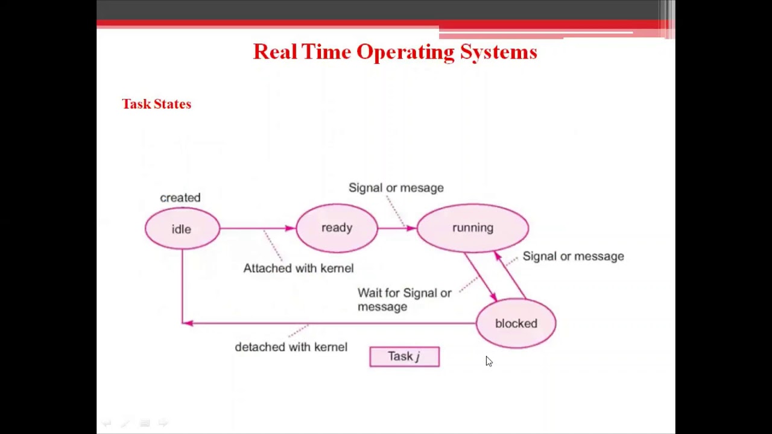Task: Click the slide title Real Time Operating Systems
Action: (394, 52)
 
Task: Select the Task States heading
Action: (156, 104)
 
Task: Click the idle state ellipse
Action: (182, 228)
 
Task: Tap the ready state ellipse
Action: (337, 228)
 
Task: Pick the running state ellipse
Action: (472, 228)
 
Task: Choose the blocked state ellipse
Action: (516, 324)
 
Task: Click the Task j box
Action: (404, 356)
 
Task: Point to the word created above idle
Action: (180, 198)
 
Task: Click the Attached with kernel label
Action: (298, 268)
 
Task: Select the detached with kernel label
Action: (291, 347)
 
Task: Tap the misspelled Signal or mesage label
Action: (396, 188)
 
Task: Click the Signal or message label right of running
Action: (573, 256)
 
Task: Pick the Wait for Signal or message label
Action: (404, 300)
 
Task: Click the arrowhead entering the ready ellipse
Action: (290, 228)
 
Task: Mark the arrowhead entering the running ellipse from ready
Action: (411, 228)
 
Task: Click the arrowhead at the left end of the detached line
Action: (188, 323)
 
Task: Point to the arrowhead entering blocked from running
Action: (493, 297)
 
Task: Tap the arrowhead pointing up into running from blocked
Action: (498, 256)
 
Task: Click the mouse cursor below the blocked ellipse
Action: (489, 361)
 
